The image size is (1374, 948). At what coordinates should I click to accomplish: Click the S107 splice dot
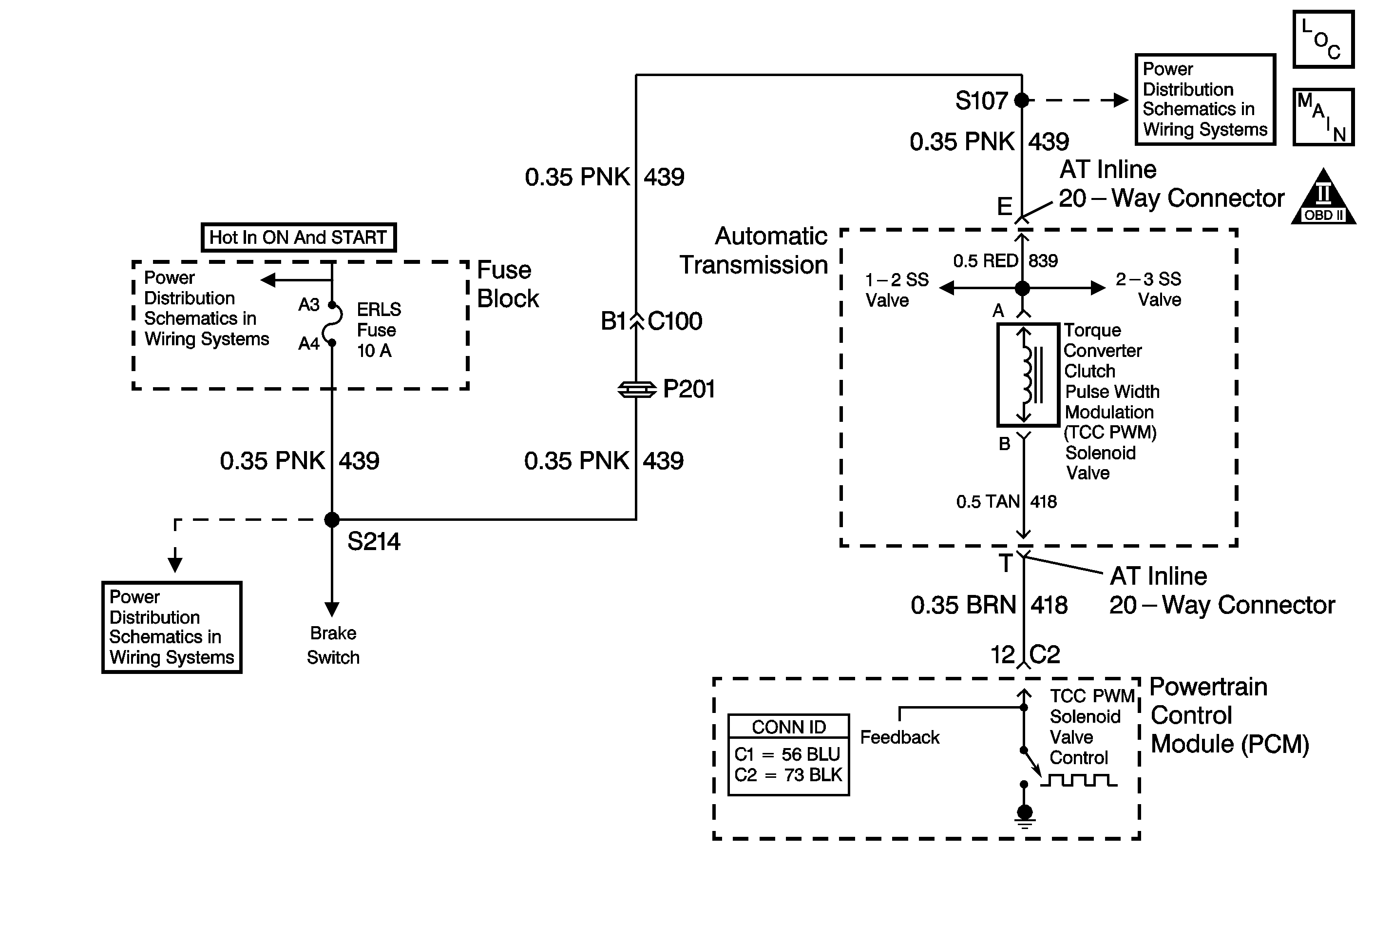click(1021, 100)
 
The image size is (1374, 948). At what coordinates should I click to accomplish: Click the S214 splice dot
click(332, 520)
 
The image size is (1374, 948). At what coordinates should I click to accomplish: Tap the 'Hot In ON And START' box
click(299, 237)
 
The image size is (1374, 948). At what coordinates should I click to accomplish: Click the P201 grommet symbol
click(636, 390)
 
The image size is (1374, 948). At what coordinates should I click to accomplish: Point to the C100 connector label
click(675, 321)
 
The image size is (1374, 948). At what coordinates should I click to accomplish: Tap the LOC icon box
click(1323, 39)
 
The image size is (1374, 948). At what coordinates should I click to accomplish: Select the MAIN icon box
click(1323, 117)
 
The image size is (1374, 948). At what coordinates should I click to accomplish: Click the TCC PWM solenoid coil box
click(1028, 375)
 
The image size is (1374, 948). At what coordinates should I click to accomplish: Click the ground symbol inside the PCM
click(1025, 817)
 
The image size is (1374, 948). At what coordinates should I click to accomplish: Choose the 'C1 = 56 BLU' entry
click(787, 754)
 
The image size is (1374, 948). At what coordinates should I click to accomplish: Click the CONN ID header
click(789, 727)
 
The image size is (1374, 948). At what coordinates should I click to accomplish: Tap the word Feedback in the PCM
click(900, 737)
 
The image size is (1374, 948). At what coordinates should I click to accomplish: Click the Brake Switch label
click(333, 645)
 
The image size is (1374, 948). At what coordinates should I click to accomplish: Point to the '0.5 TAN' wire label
click(988, 502)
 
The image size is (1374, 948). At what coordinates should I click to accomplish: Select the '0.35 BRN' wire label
click(963, 605)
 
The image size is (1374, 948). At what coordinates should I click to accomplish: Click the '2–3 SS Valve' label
click(1148, 289)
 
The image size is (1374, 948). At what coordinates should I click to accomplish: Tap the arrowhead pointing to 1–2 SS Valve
click(947, 288)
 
